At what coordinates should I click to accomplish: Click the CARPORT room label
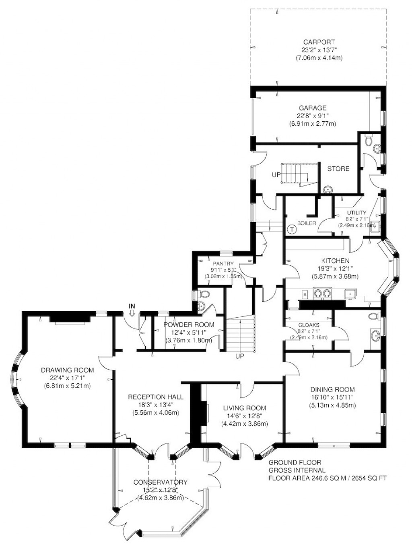point(319,42)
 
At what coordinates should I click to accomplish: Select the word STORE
point(338,168)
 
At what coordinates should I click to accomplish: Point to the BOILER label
point(306,223)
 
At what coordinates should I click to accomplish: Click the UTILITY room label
point(356,213)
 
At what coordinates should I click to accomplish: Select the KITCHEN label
point(335,261)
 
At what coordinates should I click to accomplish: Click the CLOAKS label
point(309,324)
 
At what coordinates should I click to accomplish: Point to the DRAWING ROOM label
point(67,370)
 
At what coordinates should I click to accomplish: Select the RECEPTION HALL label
point(155,397)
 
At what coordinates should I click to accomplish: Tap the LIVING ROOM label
point(244,408)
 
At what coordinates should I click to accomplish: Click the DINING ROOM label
point(332,389)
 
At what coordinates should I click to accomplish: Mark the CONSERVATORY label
point(161,482)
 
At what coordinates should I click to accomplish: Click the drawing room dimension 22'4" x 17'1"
point(67,378)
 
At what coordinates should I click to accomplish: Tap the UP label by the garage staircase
point(276,175)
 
